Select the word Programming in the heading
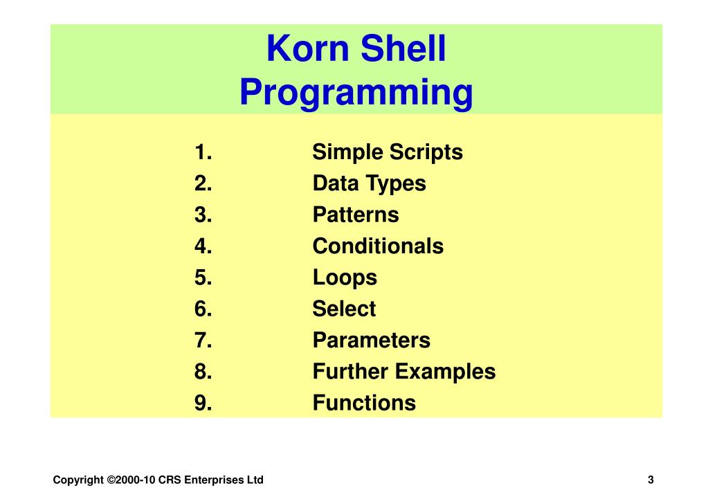[356, 93]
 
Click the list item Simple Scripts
[387, 152]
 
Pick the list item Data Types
[369, 184]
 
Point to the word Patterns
[355, 215]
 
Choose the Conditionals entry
[378, 246]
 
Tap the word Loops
[345, 278]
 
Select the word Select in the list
[344, 309]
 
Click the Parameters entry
[371, 341]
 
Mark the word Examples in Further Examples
[446, 372]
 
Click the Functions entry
[364, 403]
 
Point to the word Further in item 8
[351, 372]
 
